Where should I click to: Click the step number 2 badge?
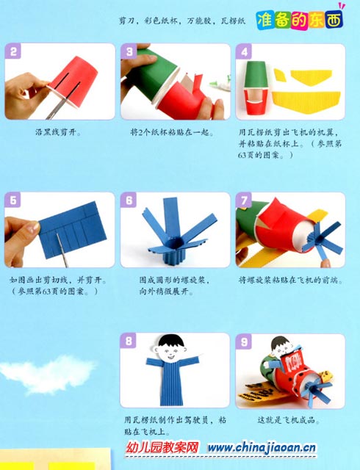13,51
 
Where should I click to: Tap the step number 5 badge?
13,200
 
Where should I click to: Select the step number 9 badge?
244,341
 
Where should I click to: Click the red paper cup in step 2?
75,81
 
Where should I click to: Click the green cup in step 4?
256,74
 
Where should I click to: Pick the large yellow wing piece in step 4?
306,101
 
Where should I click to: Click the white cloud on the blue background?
48,373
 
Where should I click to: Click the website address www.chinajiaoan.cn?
262,448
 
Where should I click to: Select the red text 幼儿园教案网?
162,448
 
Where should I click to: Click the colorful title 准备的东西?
300,21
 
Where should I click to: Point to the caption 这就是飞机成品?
289,420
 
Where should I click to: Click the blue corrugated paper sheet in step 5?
73,229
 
